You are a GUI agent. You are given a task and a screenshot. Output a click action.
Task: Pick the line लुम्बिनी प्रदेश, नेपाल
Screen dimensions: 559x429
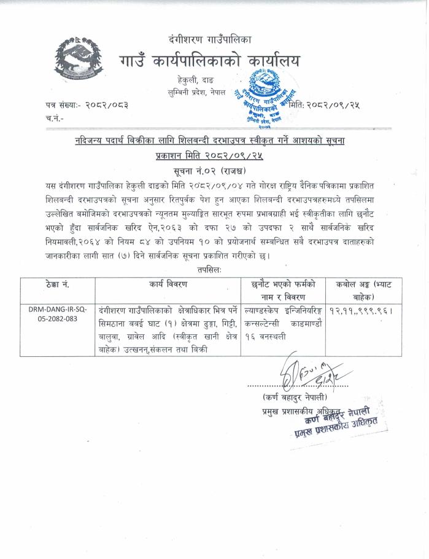click(x=192, y=92)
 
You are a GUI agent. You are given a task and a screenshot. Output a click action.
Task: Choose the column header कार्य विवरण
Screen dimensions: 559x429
click(x=168, y=284)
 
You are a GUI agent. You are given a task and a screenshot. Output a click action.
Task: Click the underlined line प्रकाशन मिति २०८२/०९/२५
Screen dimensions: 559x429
click(x=210, y=156)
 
